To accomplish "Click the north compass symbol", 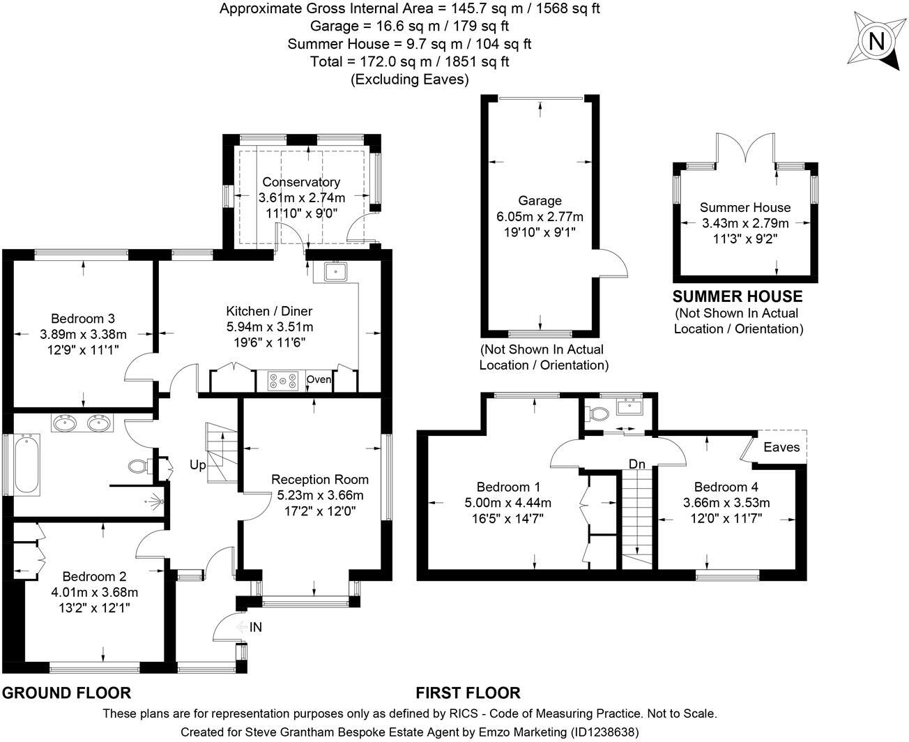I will click(x=876, y=42).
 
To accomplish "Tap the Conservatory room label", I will click(x=301, y=182).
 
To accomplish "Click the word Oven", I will click(x=319, y=380).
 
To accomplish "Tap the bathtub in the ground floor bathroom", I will click(x=27, y=464).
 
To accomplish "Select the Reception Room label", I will click(x=320, y=479).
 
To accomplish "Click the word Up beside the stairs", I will click(x=198, y=464).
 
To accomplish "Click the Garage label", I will click(x=540, y=201).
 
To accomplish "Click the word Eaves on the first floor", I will click(x=781, y=447).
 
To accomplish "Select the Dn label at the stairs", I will click(x=636, y=464).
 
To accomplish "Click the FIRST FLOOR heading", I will click(x=468, y=693).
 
